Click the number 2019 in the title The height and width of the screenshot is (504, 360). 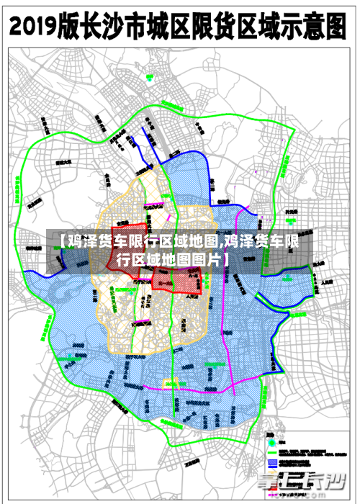click(38, 27)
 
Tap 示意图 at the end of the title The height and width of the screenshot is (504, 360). click(320, 27)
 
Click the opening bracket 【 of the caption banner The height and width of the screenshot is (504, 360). click(59, 241)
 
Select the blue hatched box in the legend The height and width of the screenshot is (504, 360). click(273, 462)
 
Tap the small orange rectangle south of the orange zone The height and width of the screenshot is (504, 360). click(170, 382)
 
